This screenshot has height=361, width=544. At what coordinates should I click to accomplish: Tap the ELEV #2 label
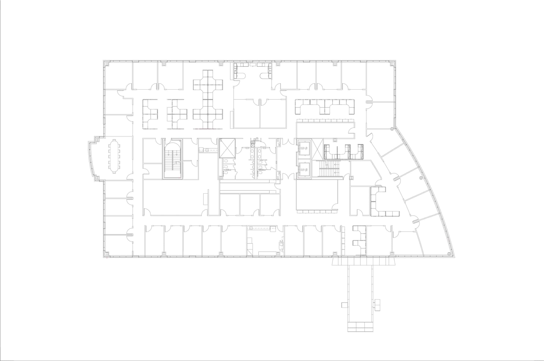pyautogui.click(x=303, y=170)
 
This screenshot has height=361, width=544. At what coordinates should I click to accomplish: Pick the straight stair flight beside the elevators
pyautogui.click(x=331, y=169)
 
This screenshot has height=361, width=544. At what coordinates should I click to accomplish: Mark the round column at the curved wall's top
pyautogui.click(x=392, y=129)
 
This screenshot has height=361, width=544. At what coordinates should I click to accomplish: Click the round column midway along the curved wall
pyautogui.click(x=420, y=177)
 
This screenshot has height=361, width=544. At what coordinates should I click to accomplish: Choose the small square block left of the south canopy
pyautogui.click(x=345, y=305)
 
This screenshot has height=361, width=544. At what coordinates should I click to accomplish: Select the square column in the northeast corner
pyautogui.click(x=392, y=64)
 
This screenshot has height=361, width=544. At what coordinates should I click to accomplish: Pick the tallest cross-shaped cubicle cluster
pyautogui.click(x=208, y=99)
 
